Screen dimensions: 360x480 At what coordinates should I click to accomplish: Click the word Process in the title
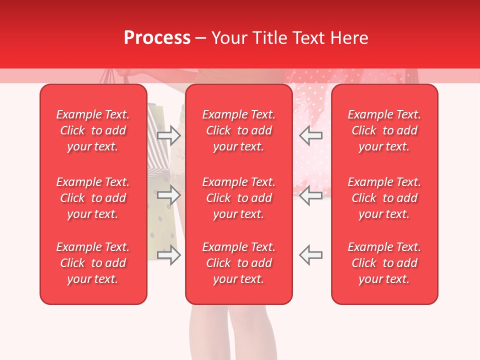[156, 38]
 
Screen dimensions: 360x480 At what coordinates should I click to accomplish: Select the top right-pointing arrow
[168, 134]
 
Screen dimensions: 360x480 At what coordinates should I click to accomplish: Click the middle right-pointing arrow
[168, 195]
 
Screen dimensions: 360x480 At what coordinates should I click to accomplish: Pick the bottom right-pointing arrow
[168, 255]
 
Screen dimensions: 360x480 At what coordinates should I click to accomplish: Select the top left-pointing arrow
[310, 134]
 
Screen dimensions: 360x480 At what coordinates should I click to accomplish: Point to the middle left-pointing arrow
[310, 195]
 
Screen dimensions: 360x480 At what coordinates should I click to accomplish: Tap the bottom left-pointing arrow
[310, 255]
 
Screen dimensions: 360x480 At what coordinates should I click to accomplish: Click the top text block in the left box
[93, 130]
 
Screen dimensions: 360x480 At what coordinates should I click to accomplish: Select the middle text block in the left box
[93, 198]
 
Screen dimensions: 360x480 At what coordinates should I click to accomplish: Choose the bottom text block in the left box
[93, 263]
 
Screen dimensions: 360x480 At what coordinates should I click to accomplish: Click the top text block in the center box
[238, 130]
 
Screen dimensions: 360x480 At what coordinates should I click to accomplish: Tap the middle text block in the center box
[238, 198]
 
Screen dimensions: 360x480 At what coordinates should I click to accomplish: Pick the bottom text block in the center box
[238, 263]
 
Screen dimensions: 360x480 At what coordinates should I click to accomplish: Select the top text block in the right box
[384, 130]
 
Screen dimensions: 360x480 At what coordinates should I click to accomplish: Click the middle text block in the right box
[384, 198]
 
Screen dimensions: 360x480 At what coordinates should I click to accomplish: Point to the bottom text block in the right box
[384, 263]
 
